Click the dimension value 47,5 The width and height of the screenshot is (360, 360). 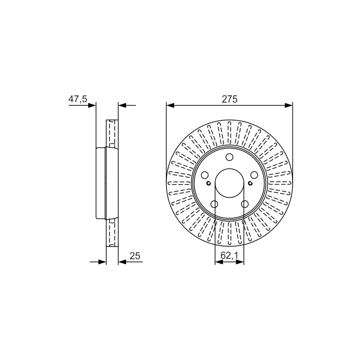pos(78,99)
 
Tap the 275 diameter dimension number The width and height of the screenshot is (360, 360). pos(229,99)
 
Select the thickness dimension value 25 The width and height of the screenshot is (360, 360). pos(135,256)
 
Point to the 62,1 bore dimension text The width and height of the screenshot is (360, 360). pos(229,255)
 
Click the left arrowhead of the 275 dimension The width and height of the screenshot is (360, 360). pos(170,105)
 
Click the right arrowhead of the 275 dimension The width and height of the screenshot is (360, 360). pos(288,105)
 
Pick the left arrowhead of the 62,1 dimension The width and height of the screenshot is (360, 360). pos(219,262)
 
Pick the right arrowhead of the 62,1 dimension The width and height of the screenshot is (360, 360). pos(240,262)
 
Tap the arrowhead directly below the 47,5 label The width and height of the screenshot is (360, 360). pos(92,105)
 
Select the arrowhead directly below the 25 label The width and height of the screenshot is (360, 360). pos(122,262)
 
